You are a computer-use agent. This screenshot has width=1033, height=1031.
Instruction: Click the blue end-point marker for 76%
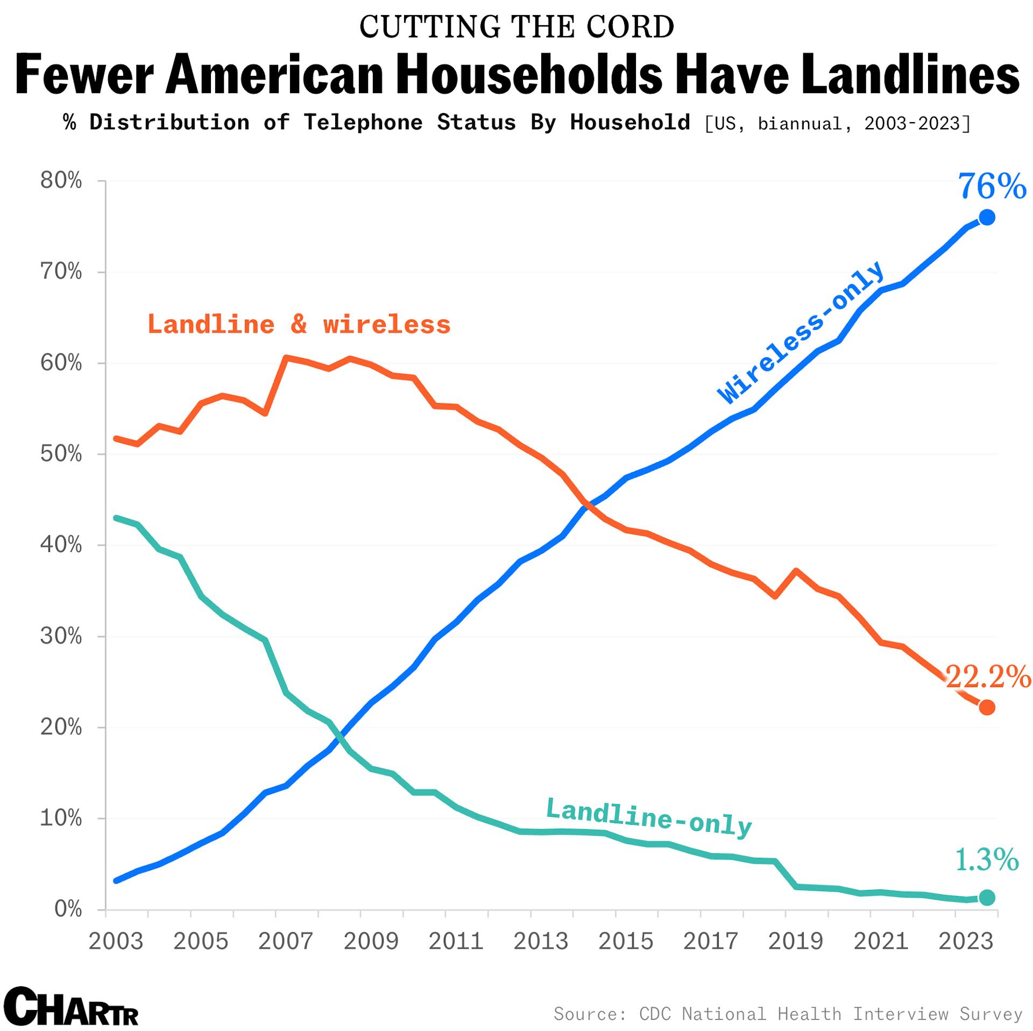[987, 217]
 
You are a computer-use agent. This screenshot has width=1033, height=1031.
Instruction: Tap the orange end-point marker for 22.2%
[987, 708]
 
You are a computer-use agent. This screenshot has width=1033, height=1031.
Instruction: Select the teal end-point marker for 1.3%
[987, 898]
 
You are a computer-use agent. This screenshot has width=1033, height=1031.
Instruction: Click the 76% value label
[992, 187]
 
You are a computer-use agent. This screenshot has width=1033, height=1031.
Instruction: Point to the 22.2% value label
[988, 676]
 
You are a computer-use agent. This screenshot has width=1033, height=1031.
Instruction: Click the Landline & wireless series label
[299, 324]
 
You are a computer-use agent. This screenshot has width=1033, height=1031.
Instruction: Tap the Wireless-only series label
[801, 333]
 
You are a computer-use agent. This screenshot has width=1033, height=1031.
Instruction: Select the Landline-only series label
[649, 818]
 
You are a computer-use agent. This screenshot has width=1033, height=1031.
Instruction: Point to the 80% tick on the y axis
[61, 181]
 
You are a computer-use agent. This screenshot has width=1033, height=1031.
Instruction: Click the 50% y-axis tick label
[61, 454]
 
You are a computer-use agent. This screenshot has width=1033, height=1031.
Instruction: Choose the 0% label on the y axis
[68, 909]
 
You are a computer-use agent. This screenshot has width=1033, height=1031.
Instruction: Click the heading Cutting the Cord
[516, 27]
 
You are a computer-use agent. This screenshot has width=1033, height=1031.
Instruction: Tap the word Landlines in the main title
[909, 74]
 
